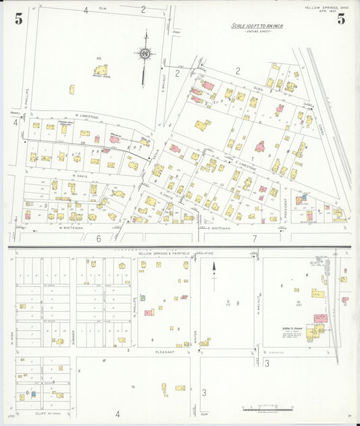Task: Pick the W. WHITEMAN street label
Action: (70, 228)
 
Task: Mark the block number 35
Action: (99, 59)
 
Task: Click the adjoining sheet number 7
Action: (254, 238)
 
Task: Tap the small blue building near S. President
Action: (305, 196)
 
